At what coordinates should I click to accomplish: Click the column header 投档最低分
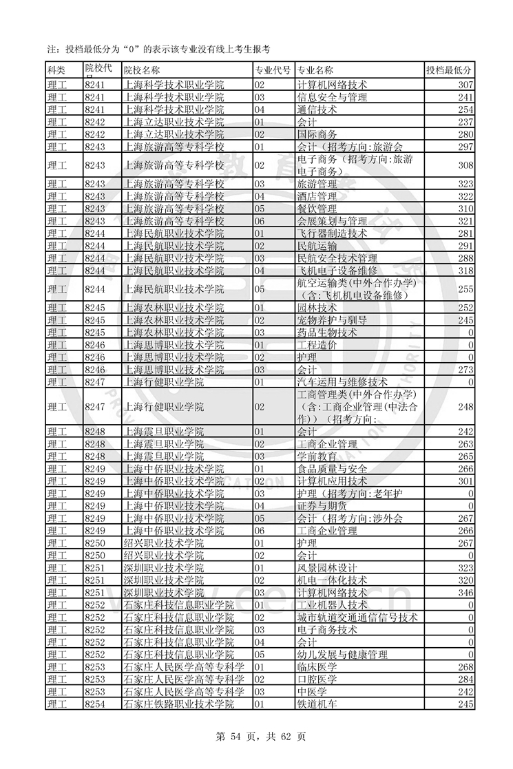[x=450, y=70]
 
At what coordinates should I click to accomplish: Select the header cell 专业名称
[x=315, y=70]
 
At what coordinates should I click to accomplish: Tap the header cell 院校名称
[x=141, y=70]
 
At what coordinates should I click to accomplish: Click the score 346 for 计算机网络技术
[x=465, y=592]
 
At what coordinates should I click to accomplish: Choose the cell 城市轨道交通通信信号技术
[x=357, y=617]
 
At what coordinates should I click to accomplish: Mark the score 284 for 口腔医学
[x=465, y=679]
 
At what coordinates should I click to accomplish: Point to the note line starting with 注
[x=158, y=49]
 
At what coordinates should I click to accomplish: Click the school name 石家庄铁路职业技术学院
[x=179, y=704]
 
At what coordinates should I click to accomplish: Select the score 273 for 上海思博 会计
[x=465, y=370]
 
